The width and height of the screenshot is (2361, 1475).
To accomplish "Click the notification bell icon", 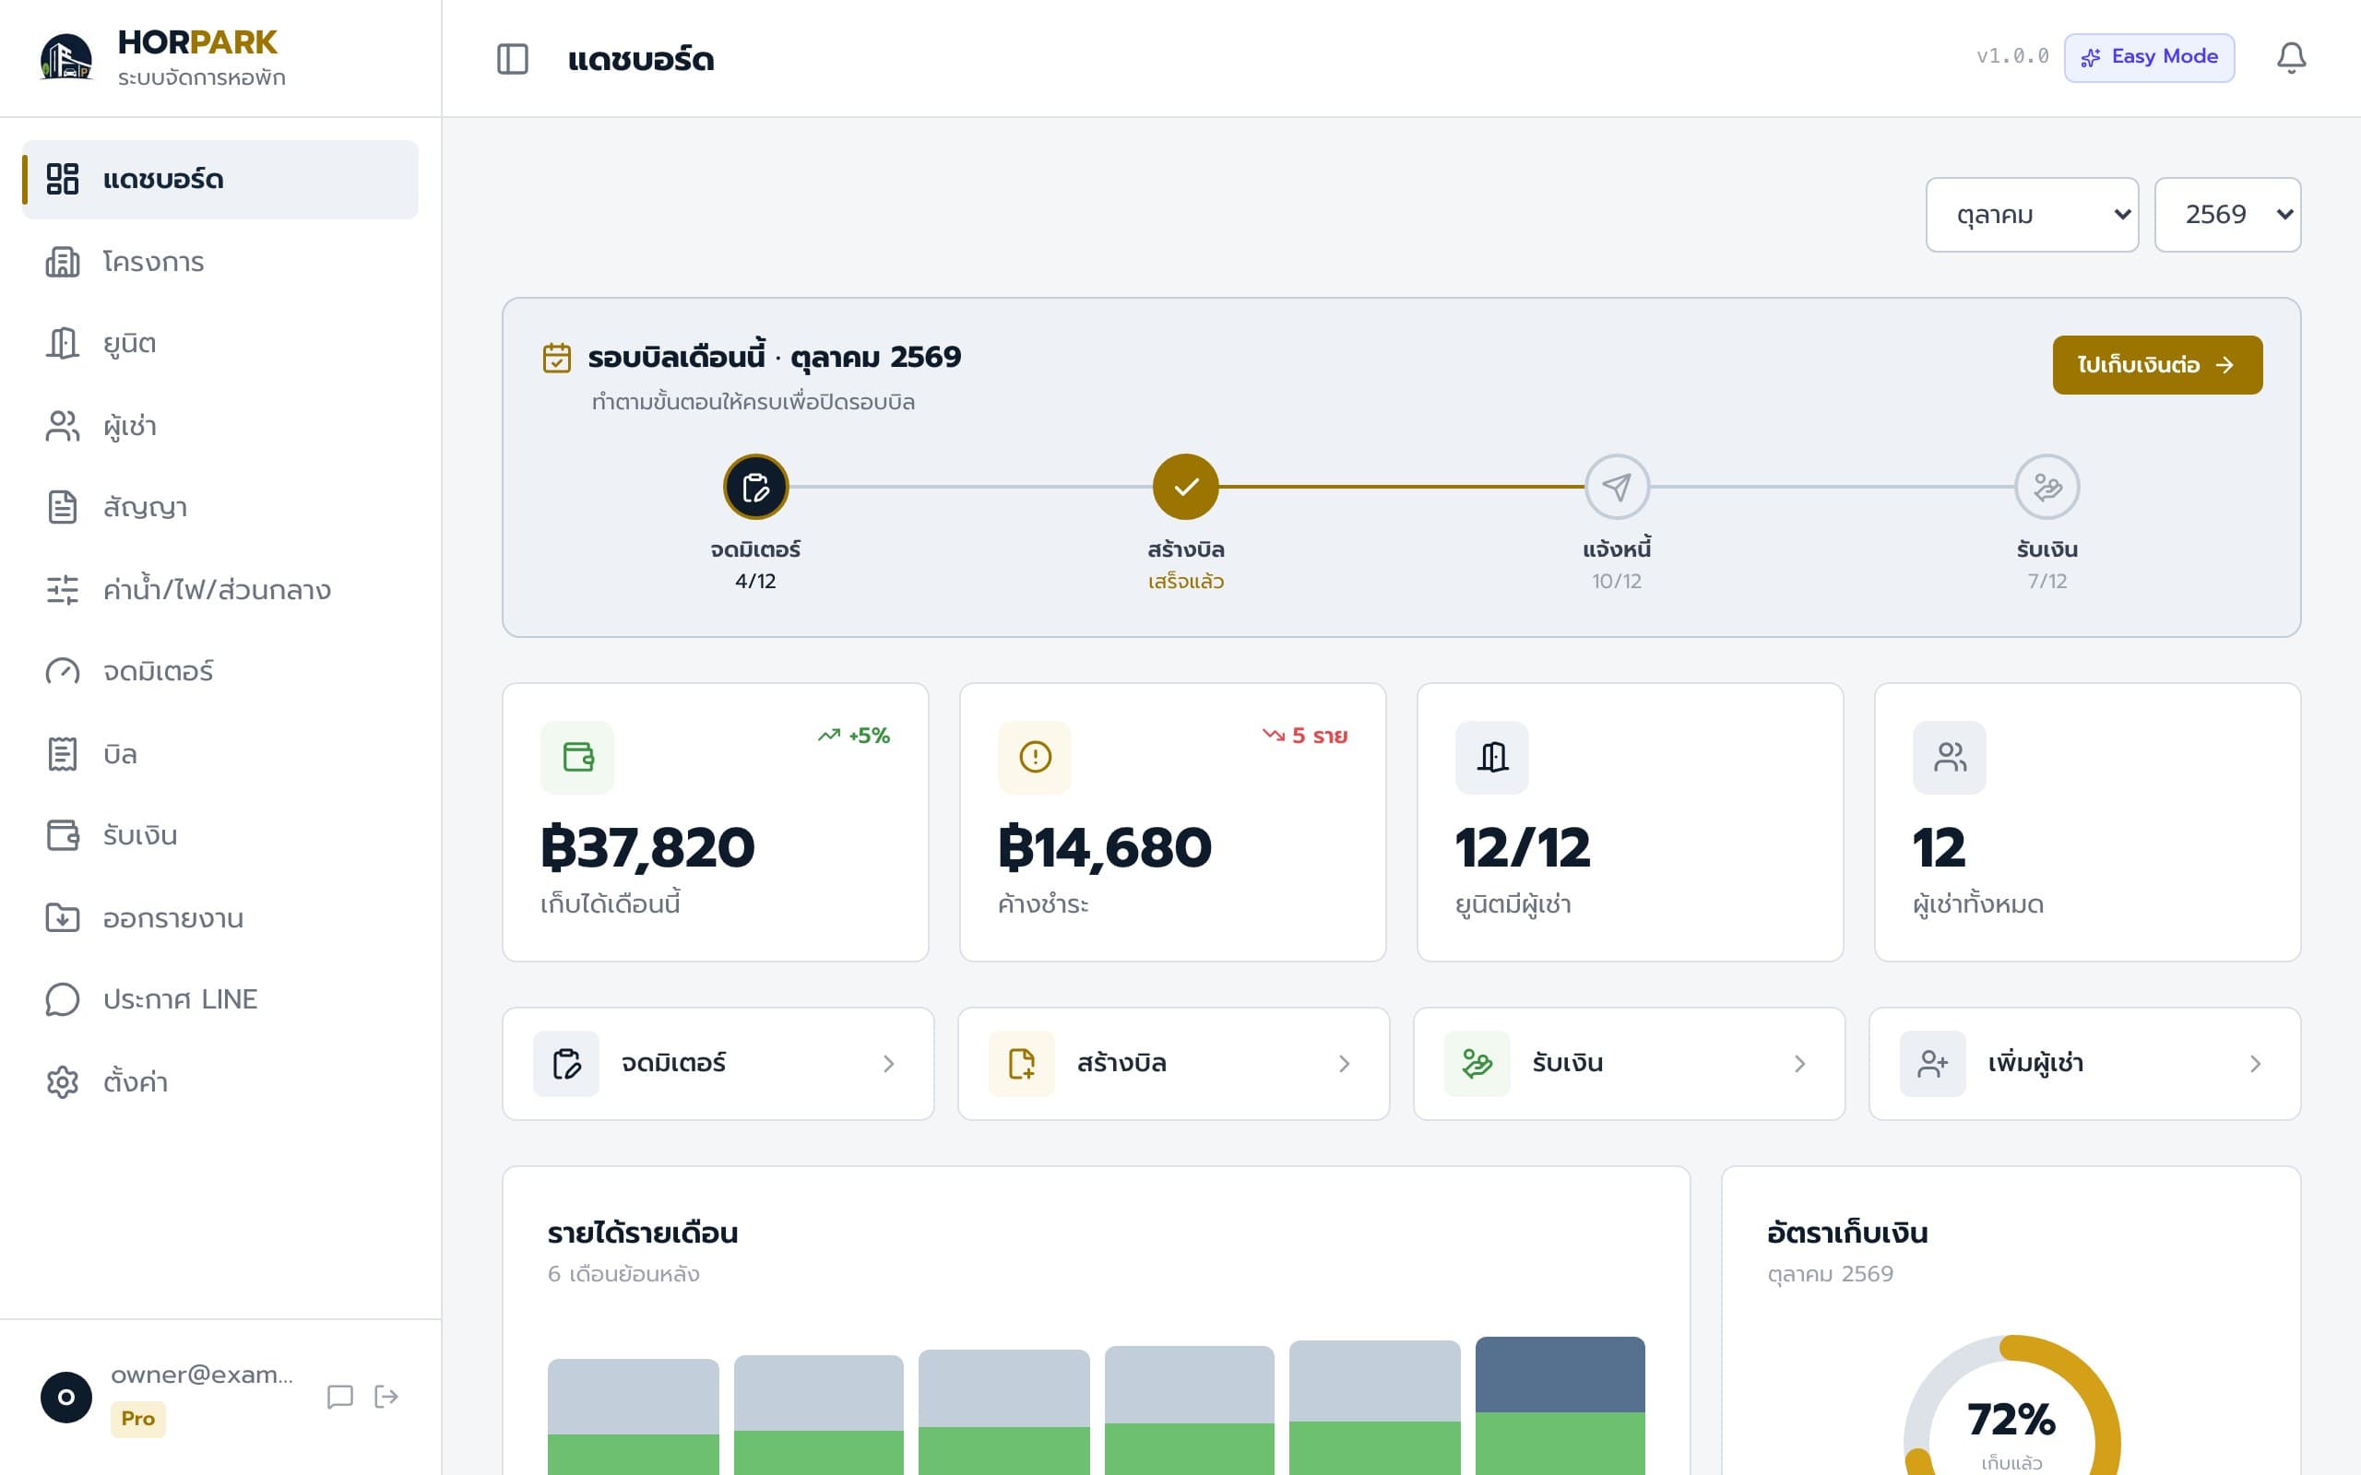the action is coord(2291,57).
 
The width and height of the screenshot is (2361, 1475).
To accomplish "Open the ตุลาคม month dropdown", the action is coord(2031,215).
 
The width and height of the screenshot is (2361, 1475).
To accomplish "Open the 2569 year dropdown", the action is coord(2227,215).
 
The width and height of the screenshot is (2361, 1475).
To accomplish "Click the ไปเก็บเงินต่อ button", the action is coord(2157,365).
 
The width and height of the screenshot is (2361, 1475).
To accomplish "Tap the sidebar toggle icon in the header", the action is coord(512,58).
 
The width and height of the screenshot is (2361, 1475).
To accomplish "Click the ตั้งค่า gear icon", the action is coord(63,1082).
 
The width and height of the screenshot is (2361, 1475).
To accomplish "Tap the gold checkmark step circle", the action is coord(1185,487).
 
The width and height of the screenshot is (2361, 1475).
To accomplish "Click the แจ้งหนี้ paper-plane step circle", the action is coord(1617,487).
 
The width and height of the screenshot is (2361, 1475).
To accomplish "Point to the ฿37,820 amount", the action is coord(647,847).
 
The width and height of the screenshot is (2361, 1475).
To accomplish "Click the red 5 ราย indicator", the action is coord(1304,736).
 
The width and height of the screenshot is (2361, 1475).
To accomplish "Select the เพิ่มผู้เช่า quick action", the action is coord(2084,1063).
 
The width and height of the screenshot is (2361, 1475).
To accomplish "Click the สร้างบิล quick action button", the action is coord(1174,1063).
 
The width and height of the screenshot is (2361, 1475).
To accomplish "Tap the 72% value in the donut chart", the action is coord(2011,1420).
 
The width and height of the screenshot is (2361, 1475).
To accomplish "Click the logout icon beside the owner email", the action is coord(386,1397).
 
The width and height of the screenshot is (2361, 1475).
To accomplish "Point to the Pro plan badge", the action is coord(137,1419).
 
